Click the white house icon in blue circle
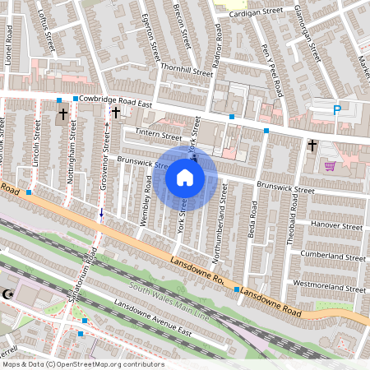[185, 177]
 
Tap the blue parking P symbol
[336, 110]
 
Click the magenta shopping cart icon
[330, 166]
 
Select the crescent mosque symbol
[10, 294]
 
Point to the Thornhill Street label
[187, 72]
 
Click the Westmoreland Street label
[329, 289]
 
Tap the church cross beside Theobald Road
[312, 146]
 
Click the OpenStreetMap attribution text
[82, 364]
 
